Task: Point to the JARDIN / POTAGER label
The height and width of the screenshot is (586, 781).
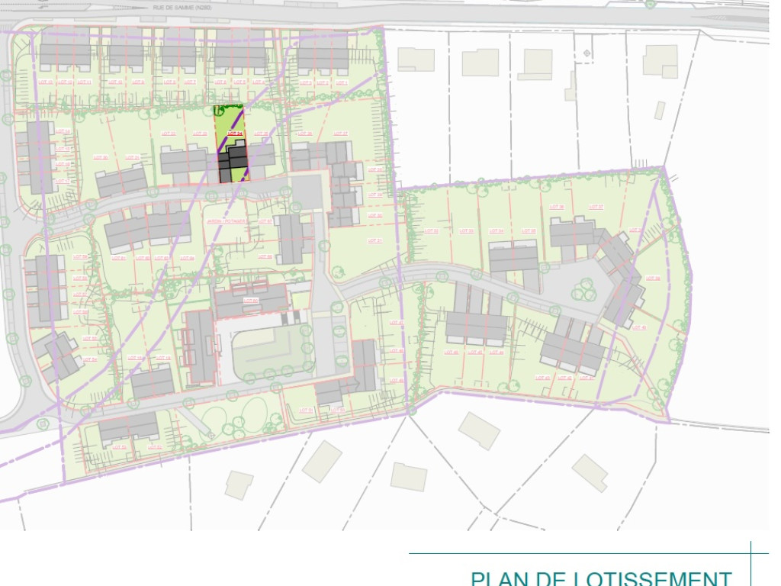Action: [x=221, y=222]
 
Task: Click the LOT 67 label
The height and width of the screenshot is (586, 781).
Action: [x=265, y=222]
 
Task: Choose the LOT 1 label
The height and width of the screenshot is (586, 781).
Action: [x=341, y=82]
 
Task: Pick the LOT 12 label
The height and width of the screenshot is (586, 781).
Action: [x=64, y=82]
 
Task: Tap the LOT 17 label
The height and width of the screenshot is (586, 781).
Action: [x=63, y=181]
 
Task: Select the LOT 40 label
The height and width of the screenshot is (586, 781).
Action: [x=639, y=327]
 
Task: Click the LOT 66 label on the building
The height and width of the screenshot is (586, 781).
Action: [x=250, y=301]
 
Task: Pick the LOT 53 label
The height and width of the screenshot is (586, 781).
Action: [x=154, y=447]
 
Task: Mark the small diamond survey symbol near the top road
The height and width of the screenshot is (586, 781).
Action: [x=587, y=53]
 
